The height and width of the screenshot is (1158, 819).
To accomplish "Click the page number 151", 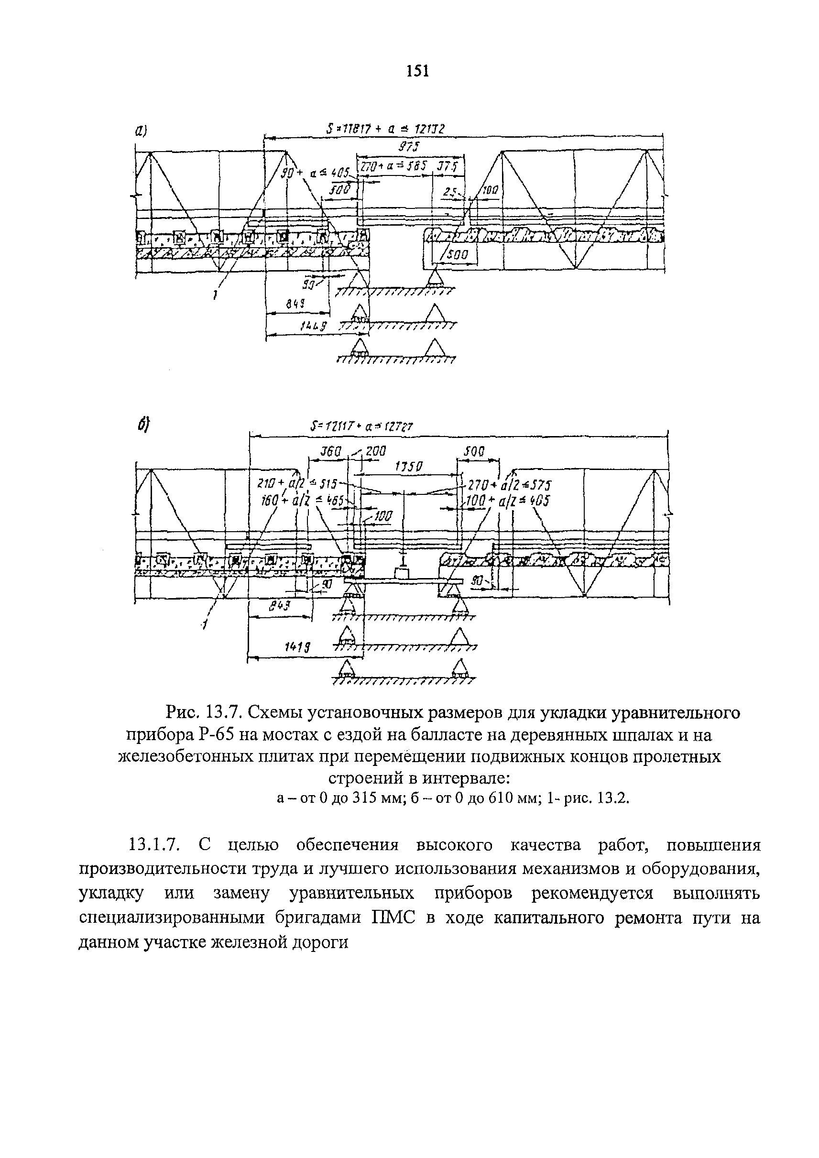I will [x=417, y=72].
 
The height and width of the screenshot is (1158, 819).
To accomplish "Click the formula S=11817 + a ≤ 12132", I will [x=384, y=129].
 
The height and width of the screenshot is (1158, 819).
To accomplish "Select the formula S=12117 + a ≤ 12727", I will [x=361, y=426].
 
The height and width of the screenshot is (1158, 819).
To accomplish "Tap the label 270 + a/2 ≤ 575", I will [x=509, y=485].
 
